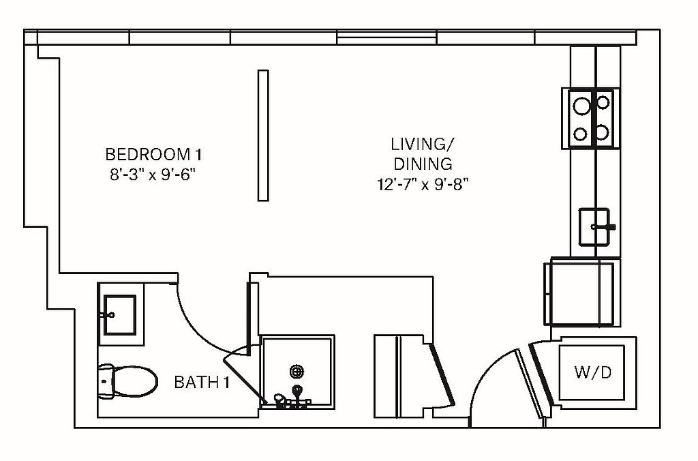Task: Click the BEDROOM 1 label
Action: [153, 155]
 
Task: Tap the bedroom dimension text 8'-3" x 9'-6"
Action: [153, 175]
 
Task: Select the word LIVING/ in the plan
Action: [423, 145]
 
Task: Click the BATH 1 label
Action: [202, 382]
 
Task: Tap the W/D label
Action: [592, 372]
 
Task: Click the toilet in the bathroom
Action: [127, 382]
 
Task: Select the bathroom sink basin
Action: [119, 314]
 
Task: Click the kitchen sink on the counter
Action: [594, 226]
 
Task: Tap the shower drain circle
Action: [297, 371]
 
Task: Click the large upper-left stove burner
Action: [581, 106]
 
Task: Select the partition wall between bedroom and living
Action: [263, 136]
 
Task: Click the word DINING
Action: [423, 164]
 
